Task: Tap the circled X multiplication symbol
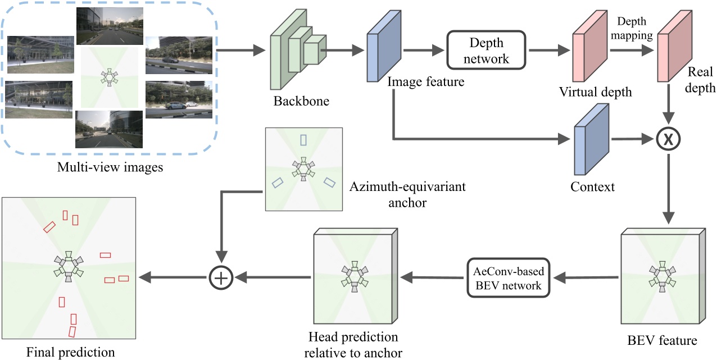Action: pos(668,139)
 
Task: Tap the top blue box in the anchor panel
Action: pos(303,140)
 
